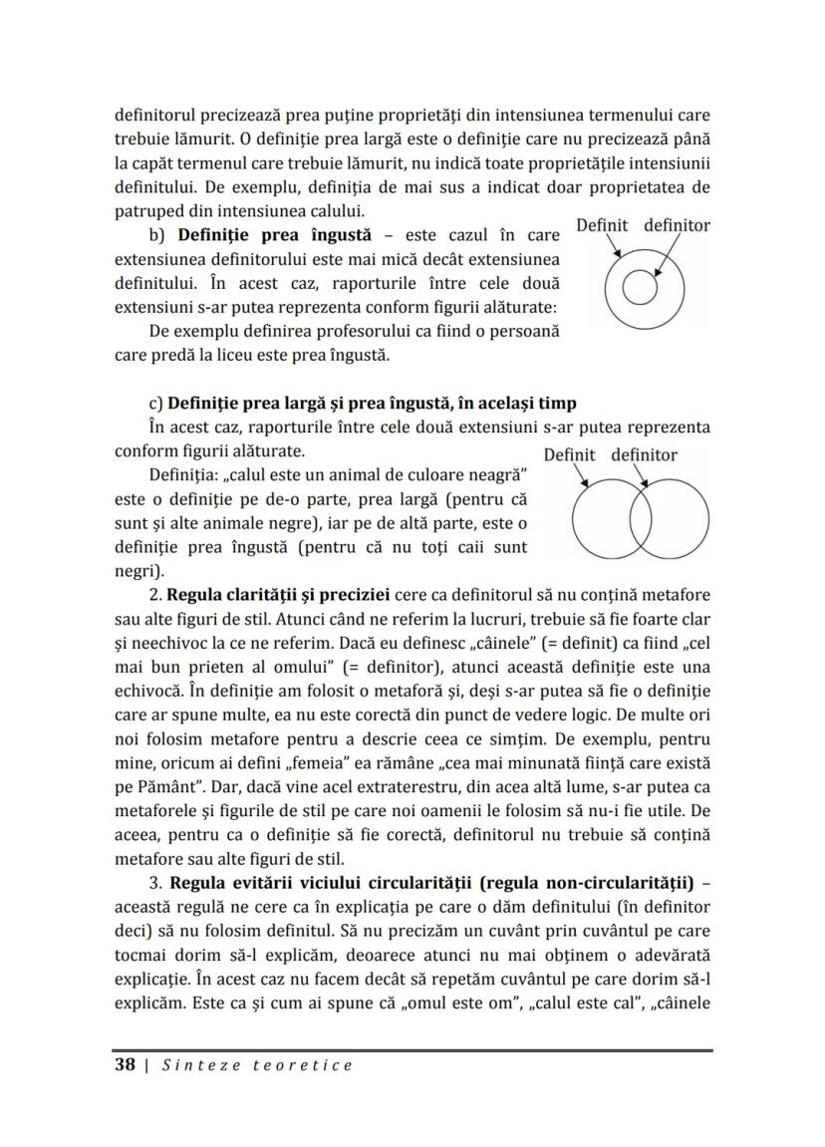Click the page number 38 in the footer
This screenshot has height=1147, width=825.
pos(125,1065)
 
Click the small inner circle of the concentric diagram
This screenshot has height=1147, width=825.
pos(638,288)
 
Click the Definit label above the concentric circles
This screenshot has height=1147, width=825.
pos(602,225)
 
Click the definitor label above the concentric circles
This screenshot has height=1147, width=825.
pos(677,225)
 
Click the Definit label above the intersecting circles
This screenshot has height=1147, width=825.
pos(569,455)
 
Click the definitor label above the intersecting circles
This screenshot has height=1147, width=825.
pos(644,455)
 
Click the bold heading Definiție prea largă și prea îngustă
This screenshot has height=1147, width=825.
pos(372,403)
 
